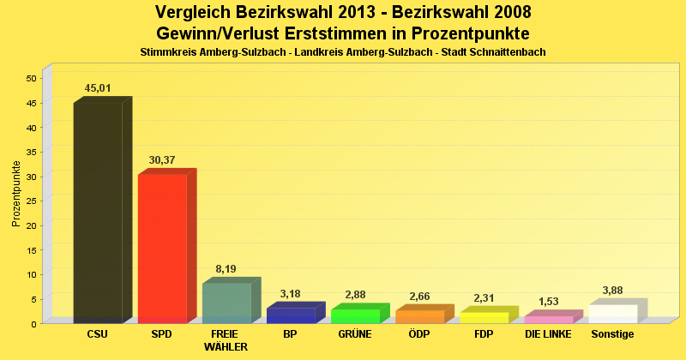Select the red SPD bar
162,249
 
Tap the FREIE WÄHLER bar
226,303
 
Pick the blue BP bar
291,315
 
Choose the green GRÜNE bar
355,315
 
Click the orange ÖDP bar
419,316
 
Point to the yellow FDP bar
484,317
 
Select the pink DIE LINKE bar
548,319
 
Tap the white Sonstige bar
612,314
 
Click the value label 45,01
99,87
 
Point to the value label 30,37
163,159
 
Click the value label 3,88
613,290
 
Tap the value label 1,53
549,301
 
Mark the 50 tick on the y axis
31,78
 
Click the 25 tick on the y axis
31,201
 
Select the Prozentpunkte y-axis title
15,193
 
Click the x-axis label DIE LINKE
548,333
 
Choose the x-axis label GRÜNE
355,333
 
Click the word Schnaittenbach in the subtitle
506,52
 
